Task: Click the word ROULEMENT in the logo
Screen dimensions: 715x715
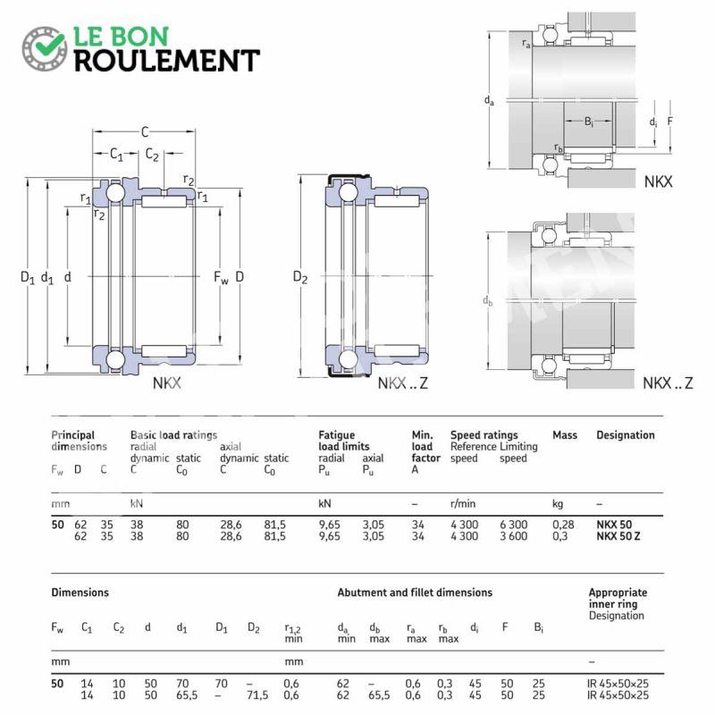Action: (167, 61)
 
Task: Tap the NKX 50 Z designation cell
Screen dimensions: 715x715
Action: (618, 536)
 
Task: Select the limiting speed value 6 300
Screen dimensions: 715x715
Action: (513, 525)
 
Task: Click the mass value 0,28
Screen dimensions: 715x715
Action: (563, 525)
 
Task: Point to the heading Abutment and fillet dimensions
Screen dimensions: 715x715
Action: (415, 593)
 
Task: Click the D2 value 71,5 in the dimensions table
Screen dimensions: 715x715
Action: (257, 695)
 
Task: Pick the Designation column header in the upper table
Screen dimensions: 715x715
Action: (625, 435)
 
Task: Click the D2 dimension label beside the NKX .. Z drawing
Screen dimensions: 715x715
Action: (300, 277)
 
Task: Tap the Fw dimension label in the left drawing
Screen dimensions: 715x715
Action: (221, 277)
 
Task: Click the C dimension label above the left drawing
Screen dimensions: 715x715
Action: (145, 132)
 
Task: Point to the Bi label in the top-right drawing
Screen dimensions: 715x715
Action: (589, 122)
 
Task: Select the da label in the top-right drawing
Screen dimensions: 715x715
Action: (489, 100)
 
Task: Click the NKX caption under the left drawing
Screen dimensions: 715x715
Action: (166, 383)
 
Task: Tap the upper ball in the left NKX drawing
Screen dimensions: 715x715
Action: (114, 192)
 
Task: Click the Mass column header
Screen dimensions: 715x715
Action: (565, 435)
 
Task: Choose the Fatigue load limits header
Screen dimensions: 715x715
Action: (344, 441)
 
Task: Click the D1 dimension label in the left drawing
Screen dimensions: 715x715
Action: (28, 277)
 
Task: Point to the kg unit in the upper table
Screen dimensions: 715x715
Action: (558, 504)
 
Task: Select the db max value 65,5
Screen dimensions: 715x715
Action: (379, 695)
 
